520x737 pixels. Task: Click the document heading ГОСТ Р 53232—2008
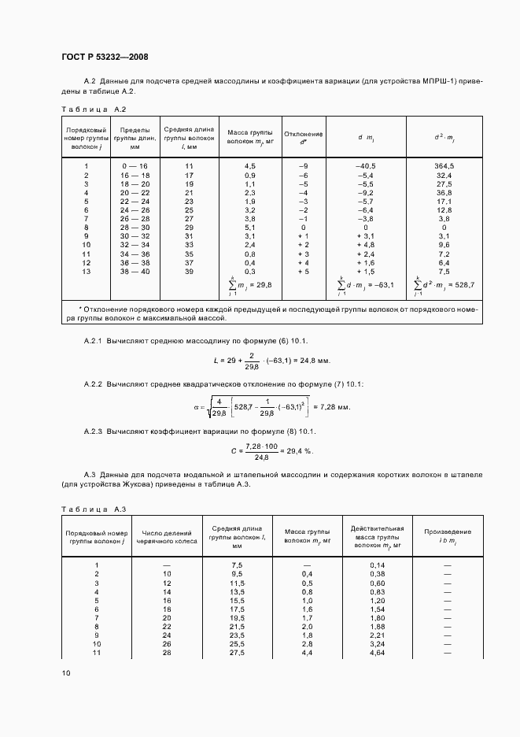(105, 57)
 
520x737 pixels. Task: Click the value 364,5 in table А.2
(444, 166)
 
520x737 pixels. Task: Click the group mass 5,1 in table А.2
(250, 227)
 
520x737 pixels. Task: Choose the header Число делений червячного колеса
(167, 535)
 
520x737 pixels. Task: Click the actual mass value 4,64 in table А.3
(377, 653)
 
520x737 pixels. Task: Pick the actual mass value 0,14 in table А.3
(377, 565)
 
